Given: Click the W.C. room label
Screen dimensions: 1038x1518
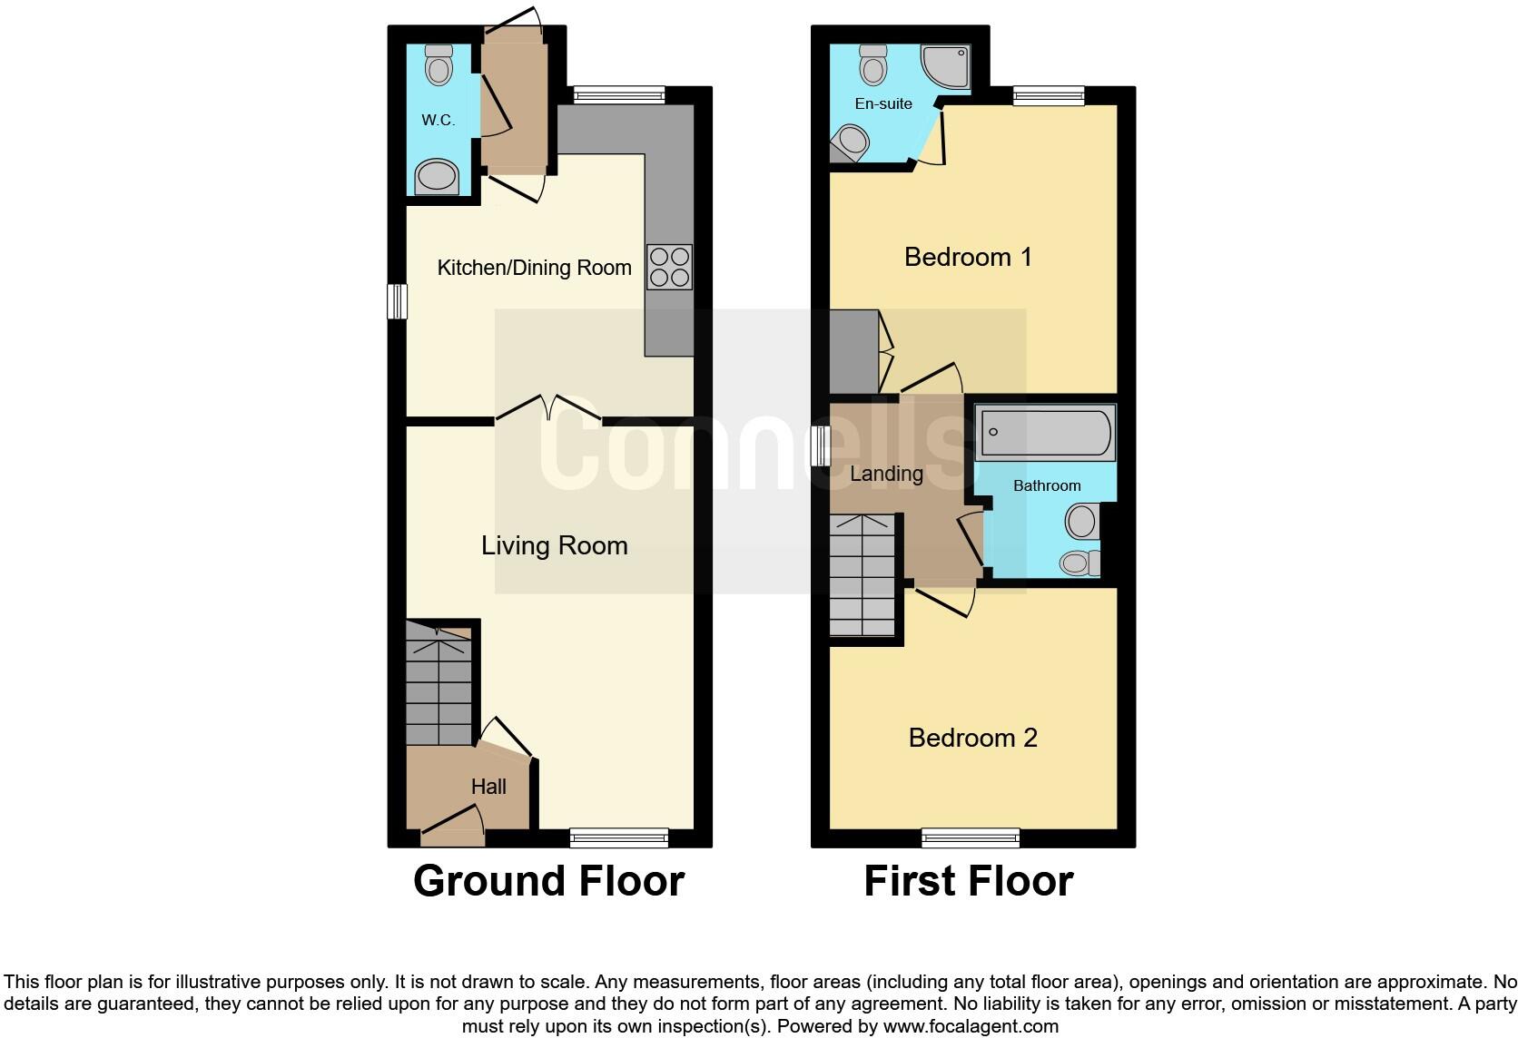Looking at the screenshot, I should coord(438,120).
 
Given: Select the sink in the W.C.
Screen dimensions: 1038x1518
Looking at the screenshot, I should coord(437,177).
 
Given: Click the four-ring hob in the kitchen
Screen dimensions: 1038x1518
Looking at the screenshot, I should coord(670,267).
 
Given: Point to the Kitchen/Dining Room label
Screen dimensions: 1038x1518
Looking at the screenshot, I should coord(534,268).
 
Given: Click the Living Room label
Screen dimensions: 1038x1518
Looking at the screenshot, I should coord(554,545).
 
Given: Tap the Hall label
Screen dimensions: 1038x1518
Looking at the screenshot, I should coord(488,787).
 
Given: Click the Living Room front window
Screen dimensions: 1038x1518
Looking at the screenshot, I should coord(619,837).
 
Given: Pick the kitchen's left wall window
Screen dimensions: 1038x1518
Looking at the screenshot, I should coord(397,301).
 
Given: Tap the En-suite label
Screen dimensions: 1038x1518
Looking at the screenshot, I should coord(883,103).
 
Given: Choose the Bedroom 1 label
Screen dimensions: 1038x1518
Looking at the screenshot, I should coord(968,257).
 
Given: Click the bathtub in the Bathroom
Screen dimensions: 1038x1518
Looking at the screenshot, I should coord(1045,433).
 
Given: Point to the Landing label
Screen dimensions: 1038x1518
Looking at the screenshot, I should coord(886,473).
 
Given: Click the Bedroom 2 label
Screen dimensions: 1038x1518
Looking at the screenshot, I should coord(972,738).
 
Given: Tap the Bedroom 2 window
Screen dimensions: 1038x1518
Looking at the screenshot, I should coord(971,837).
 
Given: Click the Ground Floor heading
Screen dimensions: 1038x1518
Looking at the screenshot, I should coord(548,881).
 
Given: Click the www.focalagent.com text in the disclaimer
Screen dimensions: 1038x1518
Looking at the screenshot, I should coord(971,1027).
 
